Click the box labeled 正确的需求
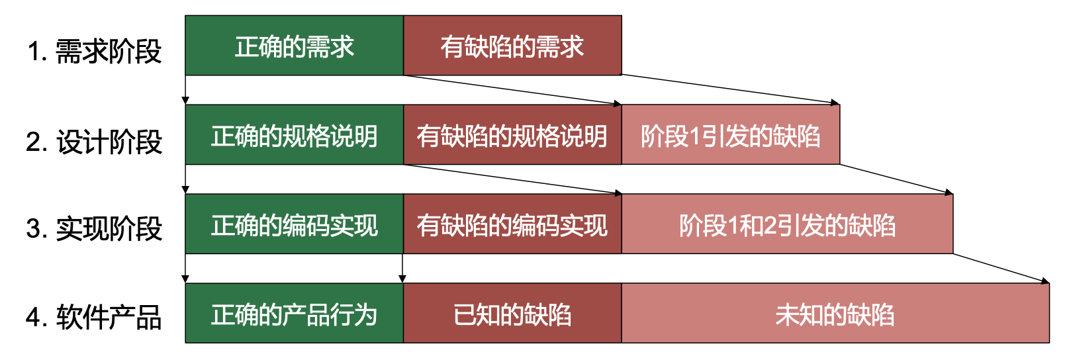[294, 46]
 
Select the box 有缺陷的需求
[512, 46]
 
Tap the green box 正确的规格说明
[294, 135]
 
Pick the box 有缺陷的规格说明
[512, 135]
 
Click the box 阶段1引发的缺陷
[730, 135]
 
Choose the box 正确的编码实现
[294, 224]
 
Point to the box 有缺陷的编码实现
[512, 224]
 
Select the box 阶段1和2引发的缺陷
[787, 224]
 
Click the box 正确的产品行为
[294, 314]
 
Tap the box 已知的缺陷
[512, 314]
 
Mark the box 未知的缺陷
[835, 314]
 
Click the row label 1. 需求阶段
[95, 51]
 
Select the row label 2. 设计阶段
[94, 142]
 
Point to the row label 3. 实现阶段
[94, 228]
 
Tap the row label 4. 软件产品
[94, 317]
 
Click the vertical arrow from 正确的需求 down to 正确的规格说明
[185, 89]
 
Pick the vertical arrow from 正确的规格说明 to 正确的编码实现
[185, 179]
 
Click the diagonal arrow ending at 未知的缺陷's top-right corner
[1002, 268]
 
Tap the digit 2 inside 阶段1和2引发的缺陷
[770, 226]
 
